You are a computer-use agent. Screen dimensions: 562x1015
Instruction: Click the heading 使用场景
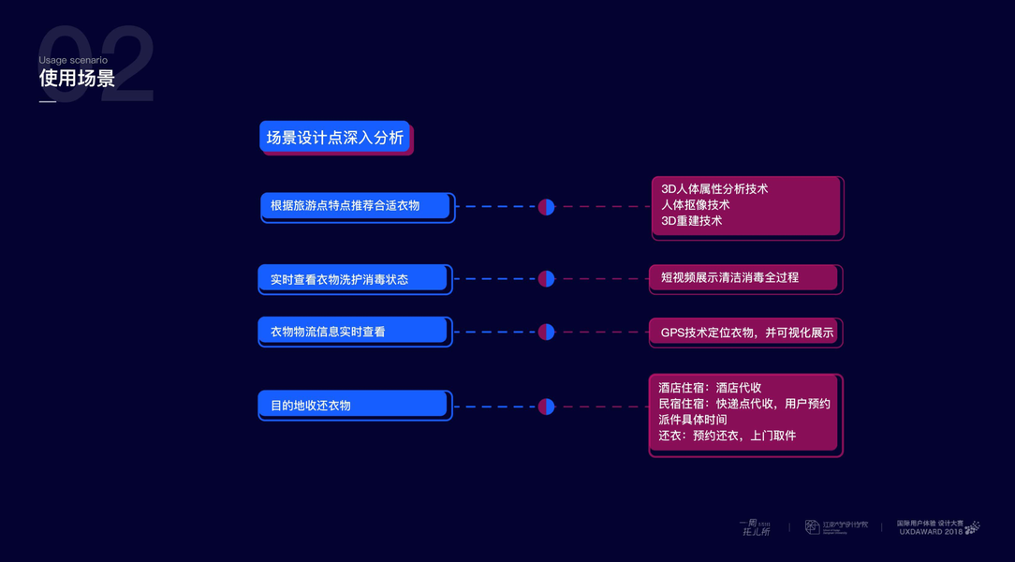tap(77, 79)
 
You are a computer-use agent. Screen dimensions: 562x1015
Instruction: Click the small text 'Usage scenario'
tap(73, 60)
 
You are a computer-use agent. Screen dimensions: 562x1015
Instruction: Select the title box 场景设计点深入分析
tap(334, 138)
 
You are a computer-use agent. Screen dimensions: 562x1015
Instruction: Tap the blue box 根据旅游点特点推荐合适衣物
tap(356, 205)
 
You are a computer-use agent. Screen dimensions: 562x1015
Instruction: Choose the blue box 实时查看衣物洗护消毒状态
tap(353, 279)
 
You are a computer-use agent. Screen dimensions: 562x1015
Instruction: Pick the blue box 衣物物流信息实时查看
tap(353, 332)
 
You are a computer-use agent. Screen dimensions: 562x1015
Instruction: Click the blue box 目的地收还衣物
tap(353, 406)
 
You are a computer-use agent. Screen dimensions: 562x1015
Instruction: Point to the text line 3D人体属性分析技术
tap(713, 188)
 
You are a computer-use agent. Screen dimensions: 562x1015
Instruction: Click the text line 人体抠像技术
tap(695, 204)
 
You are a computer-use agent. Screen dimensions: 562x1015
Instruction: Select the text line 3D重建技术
tap(691, 220)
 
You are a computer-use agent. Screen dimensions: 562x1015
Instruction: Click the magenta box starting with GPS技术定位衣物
tap(746, 333)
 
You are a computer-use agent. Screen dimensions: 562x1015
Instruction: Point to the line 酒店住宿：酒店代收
tap(709, 388)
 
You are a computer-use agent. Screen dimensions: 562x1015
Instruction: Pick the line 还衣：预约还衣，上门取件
tap(727, 436)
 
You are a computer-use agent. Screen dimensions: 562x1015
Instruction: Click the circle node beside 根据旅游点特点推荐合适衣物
tap(546, 207)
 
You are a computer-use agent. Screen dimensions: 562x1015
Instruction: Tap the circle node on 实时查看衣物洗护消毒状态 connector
tap(546, 278)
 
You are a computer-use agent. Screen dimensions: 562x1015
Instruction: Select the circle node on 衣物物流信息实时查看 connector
tap(546, 332)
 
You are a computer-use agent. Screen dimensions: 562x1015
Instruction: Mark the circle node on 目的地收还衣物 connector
tap(546, 407)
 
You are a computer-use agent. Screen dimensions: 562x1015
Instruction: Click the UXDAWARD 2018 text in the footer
tap(930, 531)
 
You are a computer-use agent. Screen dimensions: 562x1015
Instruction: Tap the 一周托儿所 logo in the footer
tap(755, 527)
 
